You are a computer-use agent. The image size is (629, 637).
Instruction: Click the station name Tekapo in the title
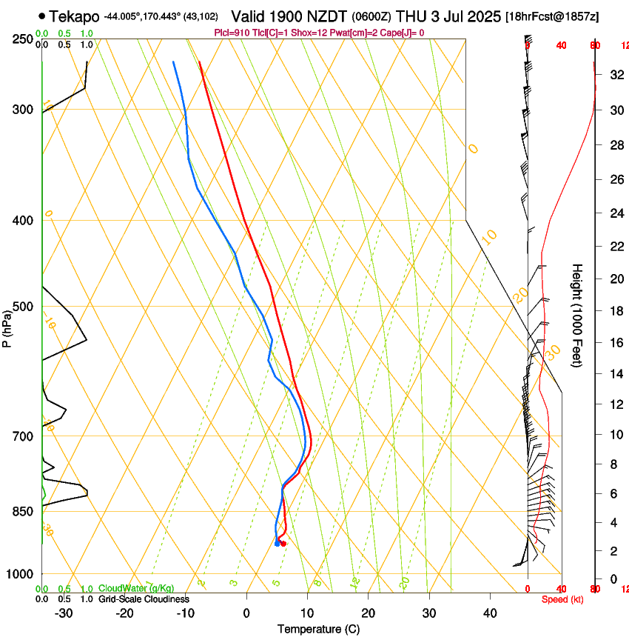[75, 16]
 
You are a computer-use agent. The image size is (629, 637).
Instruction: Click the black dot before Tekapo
[41, 16]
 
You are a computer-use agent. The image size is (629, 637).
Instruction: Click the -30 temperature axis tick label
[64, 613]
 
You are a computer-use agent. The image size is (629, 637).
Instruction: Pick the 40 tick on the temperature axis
[490, 613]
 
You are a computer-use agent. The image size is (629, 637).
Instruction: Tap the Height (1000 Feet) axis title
[578, 315]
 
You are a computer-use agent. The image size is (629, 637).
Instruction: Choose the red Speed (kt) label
[562, 599]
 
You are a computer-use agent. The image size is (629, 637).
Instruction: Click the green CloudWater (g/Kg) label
[136, 589]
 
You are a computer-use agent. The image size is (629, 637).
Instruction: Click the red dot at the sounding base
[283, 544]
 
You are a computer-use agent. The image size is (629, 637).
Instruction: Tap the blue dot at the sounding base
[277, 544]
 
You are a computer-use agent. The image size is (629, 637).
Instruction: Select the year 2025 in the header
[483, 16]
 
